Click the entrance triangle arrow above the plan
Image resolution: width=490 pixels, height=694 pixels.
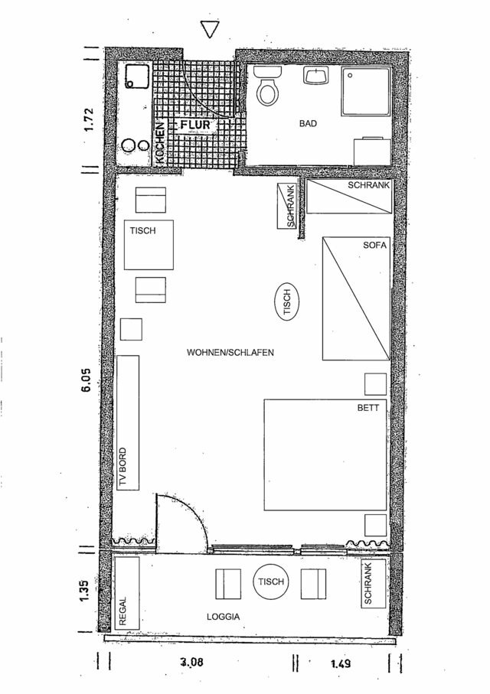point(209,29)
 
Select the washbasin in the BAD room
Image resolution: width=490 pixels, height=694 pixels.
point(315,76)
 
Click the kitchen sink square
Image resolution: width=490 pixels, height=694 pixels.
point(138,76)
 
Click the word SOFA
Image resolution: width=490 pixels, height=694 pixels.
point(376,246)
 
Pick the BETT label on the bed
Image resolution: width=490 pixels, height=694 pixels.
point(367,408)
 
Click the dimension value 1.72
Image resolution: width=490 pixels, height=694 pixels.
point(89,121)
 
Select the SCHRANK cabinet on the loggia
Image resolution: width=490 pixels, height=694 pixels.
point(371,585)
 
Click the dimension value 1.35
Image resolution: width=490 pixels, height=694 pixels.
point(89,593)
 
